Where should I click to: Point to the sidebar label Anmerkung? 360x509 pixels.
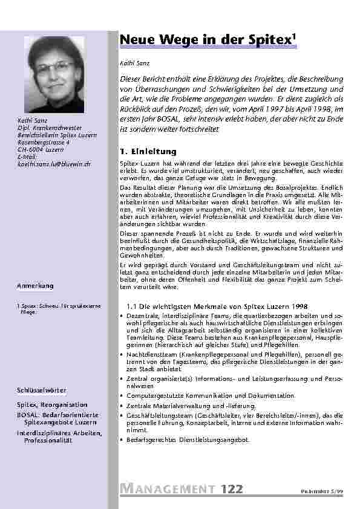[35, 285]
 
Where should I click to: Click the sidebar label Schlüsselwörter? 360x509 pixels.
[41, 391]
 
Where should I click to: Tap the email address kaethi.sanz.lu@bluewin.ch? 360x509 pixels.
[54, 164]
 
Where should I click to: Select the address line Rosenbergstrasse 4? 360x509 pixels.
[44, 142]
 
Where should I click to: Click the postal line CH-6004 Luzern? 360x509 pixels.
[40, 149]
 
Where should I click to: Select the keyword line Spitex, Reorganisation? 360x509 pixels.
[52, 404]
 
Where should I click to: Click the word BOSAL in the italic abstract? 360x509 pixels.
[182, 119]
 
